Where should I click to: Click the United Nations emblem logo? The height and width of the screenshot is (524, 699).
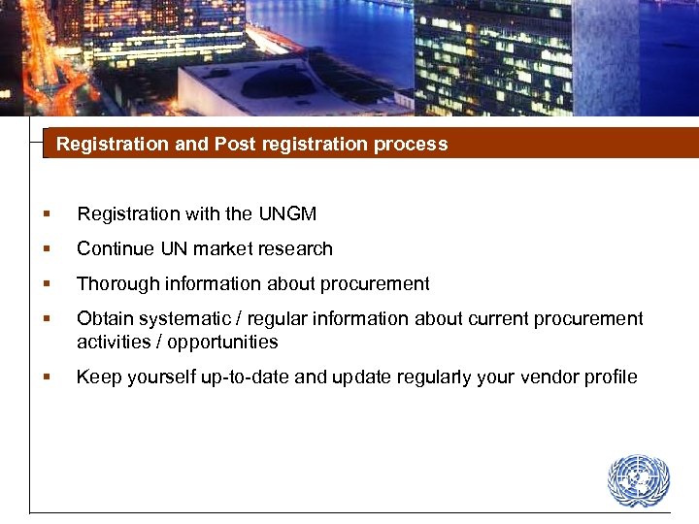639,480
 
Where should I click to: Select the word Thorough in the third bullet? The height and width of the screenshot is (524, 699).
114,283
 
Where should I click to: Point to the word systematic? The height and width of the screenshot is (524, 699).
175,318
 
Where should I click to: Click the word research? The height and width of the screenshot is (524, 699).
292,248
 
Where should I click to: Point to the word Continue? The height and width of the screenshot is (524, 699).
116,248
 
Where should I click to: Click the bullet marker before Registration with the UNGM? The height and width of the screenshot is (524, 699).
46,214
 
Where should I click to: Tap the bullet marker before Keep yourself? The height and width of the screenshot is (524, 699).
46,377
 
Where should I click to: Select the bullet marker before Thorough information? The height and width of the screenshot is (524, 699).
46,284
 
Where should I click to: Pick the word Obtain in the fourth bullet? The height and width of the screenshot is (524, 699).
103,318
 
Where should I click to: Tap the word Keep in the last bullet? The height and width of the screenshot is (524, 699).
96,377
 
